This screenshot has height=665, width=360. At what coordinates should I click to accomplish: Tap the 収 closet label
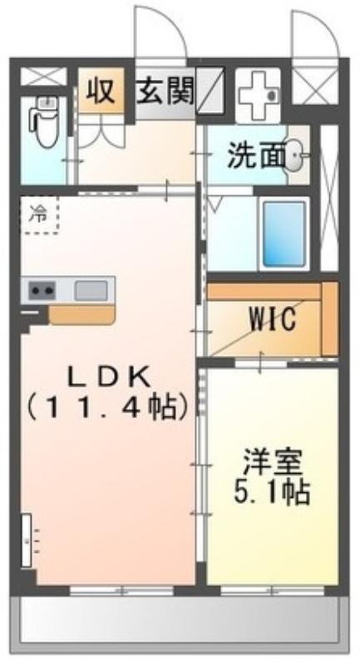[x=101, y=91]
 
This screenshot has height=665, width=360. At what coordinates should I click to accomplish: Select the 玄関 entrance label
[x=165, y=91]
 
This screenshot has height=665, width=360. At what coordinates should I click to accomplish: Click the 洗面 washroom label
[x=255, y=156]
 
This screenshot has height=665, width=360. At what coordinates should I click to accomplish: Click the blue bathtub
[x=284, y=234]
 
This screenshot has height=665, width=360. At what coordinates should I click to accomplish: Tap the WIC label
[x=273, y=319]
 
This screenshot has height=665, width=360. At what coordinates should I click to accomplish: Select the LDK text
[x=110, y=377]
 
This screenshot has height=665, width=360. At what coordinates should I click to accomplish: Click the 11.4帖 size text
[x=108, y=408]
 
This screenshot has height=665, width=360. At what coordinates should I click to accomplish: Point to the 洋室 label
[x=272, y=463]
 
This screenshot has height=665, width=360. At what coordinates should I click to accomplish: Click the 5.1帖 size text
[x=271, y=492]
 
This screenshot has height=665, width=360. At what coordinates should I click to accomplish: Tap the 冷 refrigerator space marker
[x=39, y=214]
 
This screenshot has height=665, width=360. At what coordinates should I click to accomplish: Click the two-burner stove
[x=42, y=290]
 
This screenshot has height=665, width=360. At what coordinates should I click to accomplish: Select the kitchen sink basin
[x=91, y=290]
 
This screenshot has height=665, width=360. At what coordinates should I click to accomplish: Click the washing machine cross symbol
[x=258, y=96]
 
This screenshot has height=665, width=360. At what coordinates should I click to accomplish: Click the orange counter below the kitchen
[x=81, y=315]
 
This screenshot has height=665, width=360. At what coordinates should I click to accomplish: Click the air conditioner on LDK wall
[x=27, y=539]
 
